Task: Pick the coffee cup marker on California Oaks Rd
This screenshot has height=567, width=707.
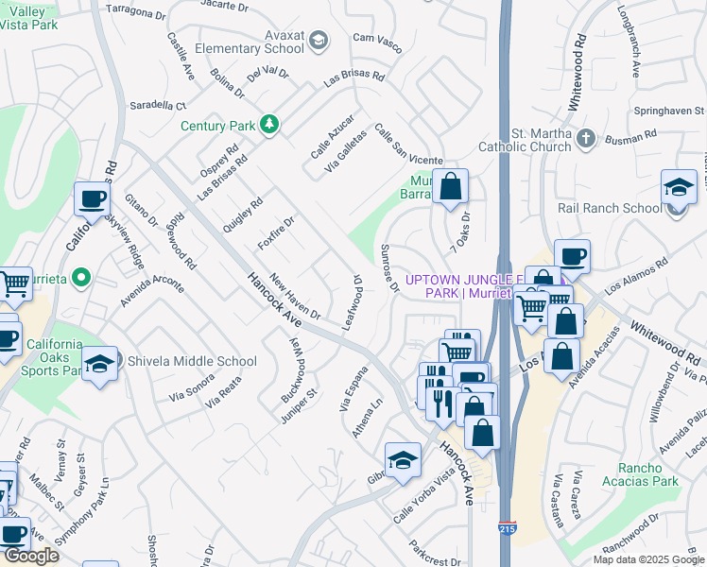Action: pyautogui.click(x=93, y=200)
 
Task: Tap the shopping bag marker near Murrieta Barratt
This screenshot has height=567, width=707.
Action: pyautogui.click(x=452, y=187)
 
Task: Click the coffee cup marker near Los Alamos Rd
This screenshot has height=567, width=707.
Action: pyautogui.click(x=571, y=256)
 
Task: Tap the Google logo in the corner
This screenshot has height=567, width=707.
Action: pyautogui.click(x=30, y=556)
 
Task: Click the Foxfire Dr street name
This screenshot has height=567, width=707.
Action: pyautogui.click(x=277, y=232)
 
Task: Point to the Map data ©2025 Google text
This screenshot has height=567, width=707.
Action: pyautogui.click(x=647, y=559)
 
